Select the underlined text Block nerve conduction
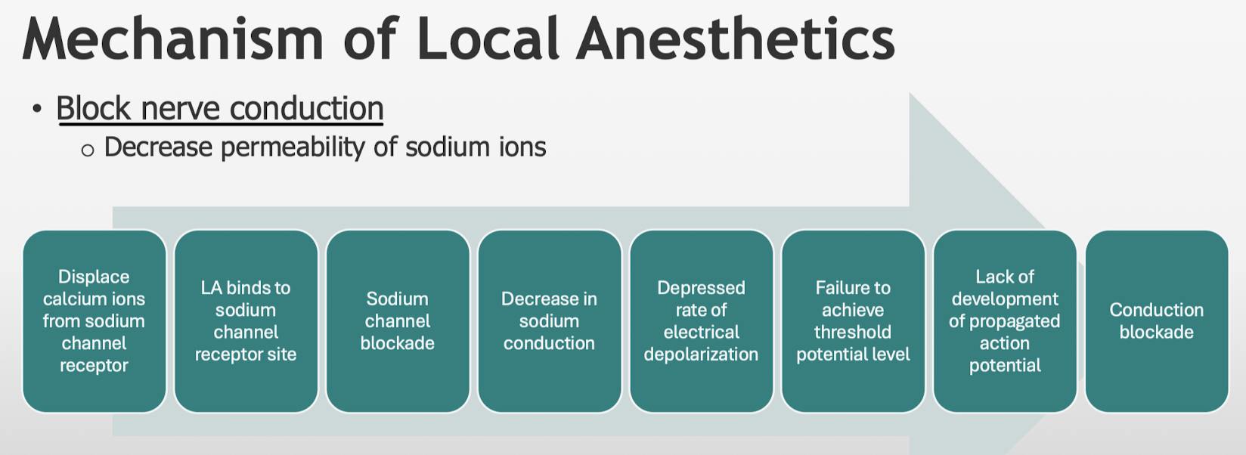[x=220, y=108]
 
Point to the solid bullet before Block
[x=37, y=109]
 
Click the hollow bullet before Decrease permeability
[x=88, y=150]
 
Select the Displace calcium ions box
[x=95, y=321]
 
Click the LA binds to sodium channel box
[x=246, y=321]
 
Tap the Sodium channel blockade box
[x=398, y=321]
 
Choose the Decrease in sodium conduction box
[x=550, y=321]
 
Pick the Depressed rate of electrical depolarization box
[x=702, y=321]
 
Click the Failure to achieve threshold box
[x=854, y=321]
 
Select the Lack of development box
[x=1005, y=321]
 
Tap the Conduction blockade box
[x=1157, y=321]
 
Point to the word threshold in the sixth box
[x=853, y=332]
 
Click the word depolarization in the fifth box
[x=702, y=355]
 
